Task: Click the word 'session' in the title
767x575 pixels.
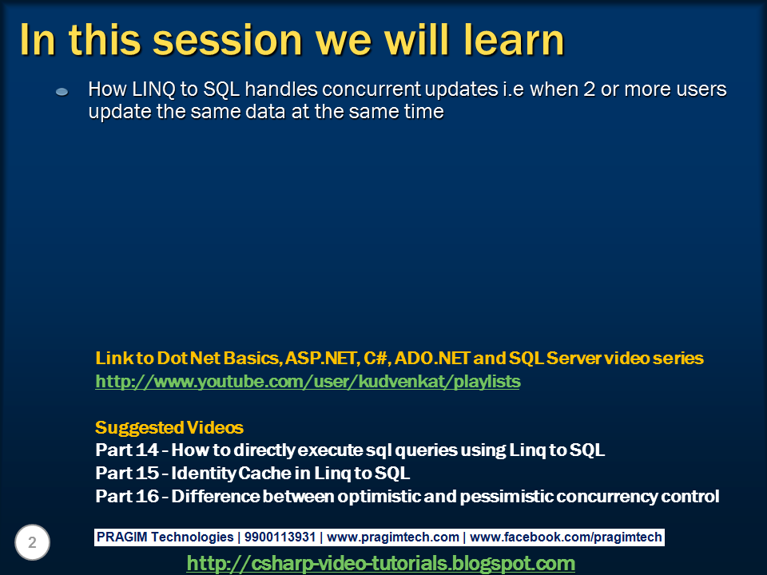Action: (x=228, y=41)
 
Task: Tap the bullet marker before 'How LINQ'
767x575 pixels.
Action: (x=62, y=91)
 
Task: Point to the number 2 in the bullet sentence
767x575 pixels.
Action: (x=589, y=89)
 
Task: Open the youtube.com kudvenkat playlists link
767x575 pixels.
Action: (x=308, y=382)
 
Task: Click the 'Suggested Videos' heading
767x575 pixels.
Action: (x=169, y=427)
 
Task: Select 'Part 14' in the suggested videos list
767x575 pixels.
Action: (x=127, y=450)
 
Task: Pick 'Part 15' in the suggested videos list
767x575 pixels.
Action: (x=127, y=473)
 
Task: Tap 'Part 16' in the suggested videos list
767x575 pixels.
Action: (x=127, y=496)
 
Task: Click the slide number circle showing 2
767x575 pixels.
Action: (x=32, y=542)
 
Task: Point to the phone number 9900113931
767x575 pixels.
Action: (x=280, y=537)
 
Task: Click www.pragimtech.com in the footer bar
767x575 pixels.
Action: (x=393, y=537)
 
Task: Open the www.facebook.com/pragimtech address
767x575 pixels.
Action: (x=566, y=537)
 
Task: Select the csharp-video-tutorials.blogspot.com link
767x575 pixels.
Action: (x=380, y=563)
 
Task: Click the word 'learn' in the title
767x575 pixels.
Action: (x=514, y=40)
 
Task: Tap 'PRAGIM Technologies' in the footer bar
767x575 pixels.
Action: (x=165, y=537)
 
